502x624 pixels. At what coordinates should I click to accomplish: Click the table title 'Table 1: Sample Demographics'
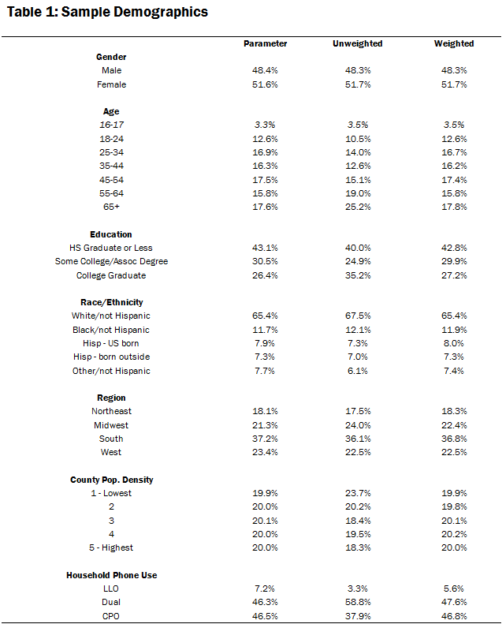[x=107, y=12]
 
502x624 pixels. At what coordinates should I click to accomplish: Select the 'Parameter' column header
[x=266, y=43]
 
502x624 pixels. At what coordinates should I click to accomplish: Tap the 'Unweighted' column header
[x=357, y=43]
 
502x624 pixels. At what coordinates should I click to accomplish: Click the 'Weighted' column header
[x=454, y=43]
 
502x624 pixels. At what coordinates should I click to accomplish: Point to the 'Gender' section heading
[x=111, y=57]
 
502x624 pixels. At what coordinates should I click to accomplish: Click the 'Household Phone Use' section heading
[x=111, y=575]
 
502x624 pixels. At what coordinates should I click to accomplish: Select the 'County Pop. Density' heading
[x=111, y=480]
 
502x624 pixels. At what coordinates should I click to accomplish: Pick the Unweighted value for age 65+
[x=357, y=207]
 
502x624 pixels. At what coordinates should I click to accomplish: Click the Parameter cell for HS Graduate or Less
[x=266, y=248]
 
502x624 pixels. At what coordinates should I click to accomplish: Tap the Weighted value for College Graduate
[x=454, y=275]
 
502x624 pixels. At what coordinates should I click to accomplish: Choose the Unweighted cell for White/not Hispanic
[x=357, y=316]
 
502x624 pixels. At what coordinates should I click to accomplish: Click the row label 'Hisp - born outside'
[x=111, y=357]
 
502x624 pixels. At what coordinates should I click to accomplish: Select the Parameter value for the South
[x=266, y=439]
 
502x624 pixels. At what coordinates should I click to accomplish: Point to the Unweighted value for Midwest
[x=357, y=425]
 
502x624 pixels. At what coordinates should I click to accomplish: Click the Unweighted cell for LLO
[x=357, y=589]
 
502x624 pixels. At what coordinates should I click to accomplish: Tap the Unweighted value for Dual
[x=357, y=602]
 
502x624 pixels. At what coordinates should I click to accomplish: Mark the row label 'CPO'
[x=111, y=616]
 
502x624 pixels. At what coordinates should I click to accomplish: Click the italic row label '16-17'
[x=111, y=125]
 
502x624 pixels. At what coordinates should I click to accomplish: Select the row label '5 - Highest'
[x=111, y=547]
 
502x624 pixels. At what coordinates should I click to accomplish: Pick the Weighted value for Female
[x=454, y=84]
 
